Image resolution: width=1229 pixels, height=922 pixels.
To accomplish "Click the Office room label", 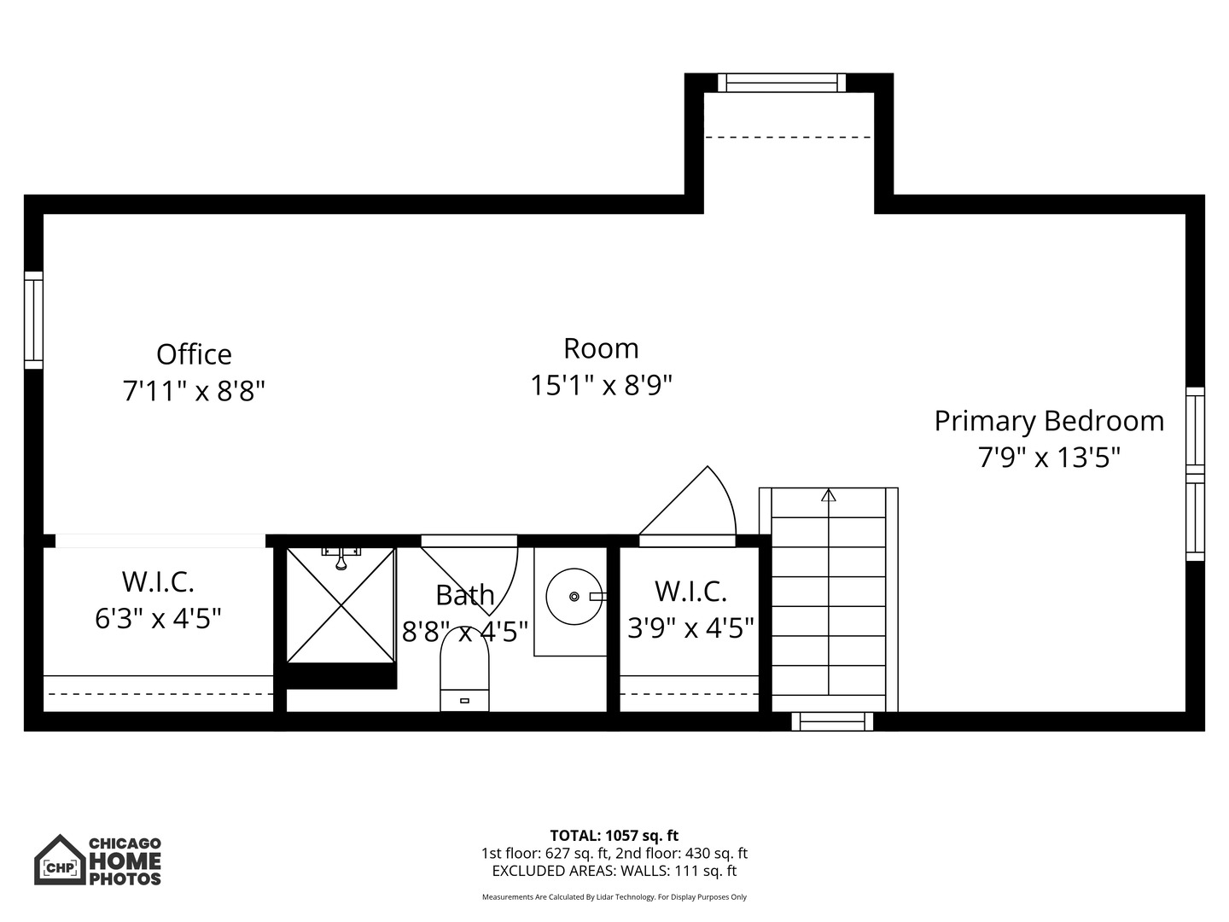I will pos(194,354).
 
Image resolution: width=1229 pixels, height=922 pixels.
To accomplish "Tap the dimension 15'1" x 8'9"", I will pos(601,386).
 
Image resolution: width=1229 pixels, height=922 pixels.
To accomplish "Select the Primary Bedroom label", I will pos(1049,421).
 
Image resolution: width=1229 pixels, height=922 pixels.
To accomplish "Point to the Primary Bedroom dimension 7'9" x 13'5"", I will pos(1049,458).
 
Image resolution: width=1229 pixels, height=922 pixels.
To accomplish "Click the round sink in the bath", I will pos(574,596).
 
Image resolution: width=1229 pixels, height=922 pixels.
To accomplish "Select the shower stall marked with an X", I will pos(341,605).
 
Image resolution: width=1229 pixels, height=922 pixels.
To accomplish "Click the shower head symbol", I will pos(341,559).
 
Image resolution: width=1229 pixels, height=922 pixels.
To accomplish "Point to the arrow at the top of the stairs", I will pos(828,495).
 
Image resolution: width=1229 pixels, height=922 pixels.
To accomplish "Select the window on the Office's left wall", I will pos(33,320).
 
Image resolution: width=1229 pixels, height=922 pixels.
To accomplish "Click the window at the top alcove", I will pos(781,83).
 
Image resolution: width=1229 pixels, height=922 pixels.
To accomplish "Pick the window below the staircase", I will pos(832,721).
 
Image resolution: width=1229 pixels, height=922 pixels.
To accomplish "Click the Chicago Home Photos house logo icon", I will pos(60,860).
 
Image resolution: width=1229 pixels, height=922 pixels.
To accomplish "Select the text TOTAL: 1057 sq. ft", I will pos(614,836).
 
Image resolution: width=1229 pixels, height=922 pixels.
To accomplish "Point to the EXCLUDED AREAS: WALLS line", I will pos(614,872).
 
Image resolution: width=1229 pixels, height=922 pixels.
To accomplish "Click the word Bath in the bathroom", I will pos(464,595).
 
